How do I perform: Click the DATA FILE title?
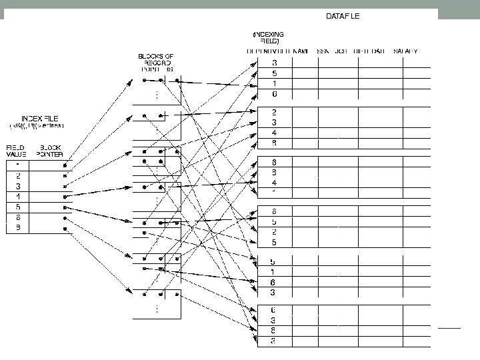click(343, 17)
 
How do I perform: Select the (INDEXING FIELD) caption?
click(268, 39)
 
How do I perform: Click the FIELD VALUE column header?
click(16, 150)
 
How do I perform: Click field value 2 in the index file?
click(17, 175)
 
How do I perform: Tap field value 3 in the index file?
click(17, 186)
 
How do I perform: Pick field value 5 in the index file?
click(17, 207)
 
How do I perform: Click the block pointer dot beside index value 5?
click(65, 207)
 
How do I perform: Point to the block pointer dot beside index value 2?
click(65, 175)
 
